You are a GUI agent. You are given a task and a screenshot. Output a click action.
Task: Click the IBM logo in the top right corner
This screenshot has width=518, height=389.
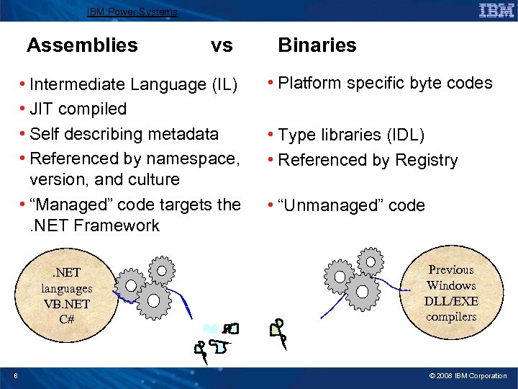[x=496, y=10]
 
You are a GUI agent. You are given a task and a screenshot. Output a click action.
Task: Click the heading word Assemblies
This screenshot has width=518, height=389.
[x=82, y=45]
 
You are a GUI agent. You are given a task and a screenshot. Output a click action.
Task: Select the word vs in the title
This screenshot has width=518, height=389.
[x=222, y=45]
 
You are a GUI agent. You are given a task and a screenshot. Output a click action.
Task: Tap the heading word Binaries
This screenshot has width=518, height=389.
[x=317, y=45]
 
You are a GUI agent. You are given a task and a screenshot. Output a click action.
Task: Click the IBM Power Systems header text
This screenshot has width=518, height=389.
[x=132, y=12]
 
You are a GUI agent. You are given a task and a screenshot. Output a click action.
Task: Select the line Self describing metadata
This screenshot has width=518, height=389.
[x=124, y=134]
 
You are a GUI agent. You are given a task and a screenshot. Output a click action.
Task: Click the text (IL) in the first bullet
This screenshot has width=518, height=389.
[x=224, y=85]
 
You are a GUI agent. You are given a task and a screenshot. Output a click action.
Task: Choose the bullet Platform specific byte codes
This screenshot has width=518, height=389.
[x=385, y=83]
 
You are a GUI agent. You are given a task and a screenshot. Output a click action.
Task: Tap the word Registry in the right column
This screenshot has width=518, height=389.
[x=425, y=160]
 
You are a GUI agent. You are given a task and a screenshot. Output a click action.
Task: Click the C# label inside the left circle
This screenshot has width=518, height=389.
[x=66, y=318]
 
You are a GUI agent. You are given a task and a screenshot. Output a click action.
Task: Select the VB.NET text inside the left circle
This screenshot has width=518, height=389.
[x=66, y=303]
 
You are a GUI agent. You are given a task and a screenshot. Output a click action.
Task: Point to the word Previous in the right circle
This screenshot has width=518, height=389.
[x=451, y=270]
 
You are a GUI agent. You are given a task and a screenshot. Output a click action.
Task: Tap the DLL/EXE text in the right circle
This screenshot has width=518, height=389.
[x=451, y=301]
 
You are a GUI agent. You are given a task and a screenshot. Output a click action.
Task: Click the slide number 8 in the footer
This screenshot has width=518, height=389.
[x=16, y=375]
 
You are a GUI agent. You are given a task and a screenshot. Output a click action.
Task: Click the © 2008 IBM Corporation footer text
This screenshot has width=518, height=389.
[x=468, y=376]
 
